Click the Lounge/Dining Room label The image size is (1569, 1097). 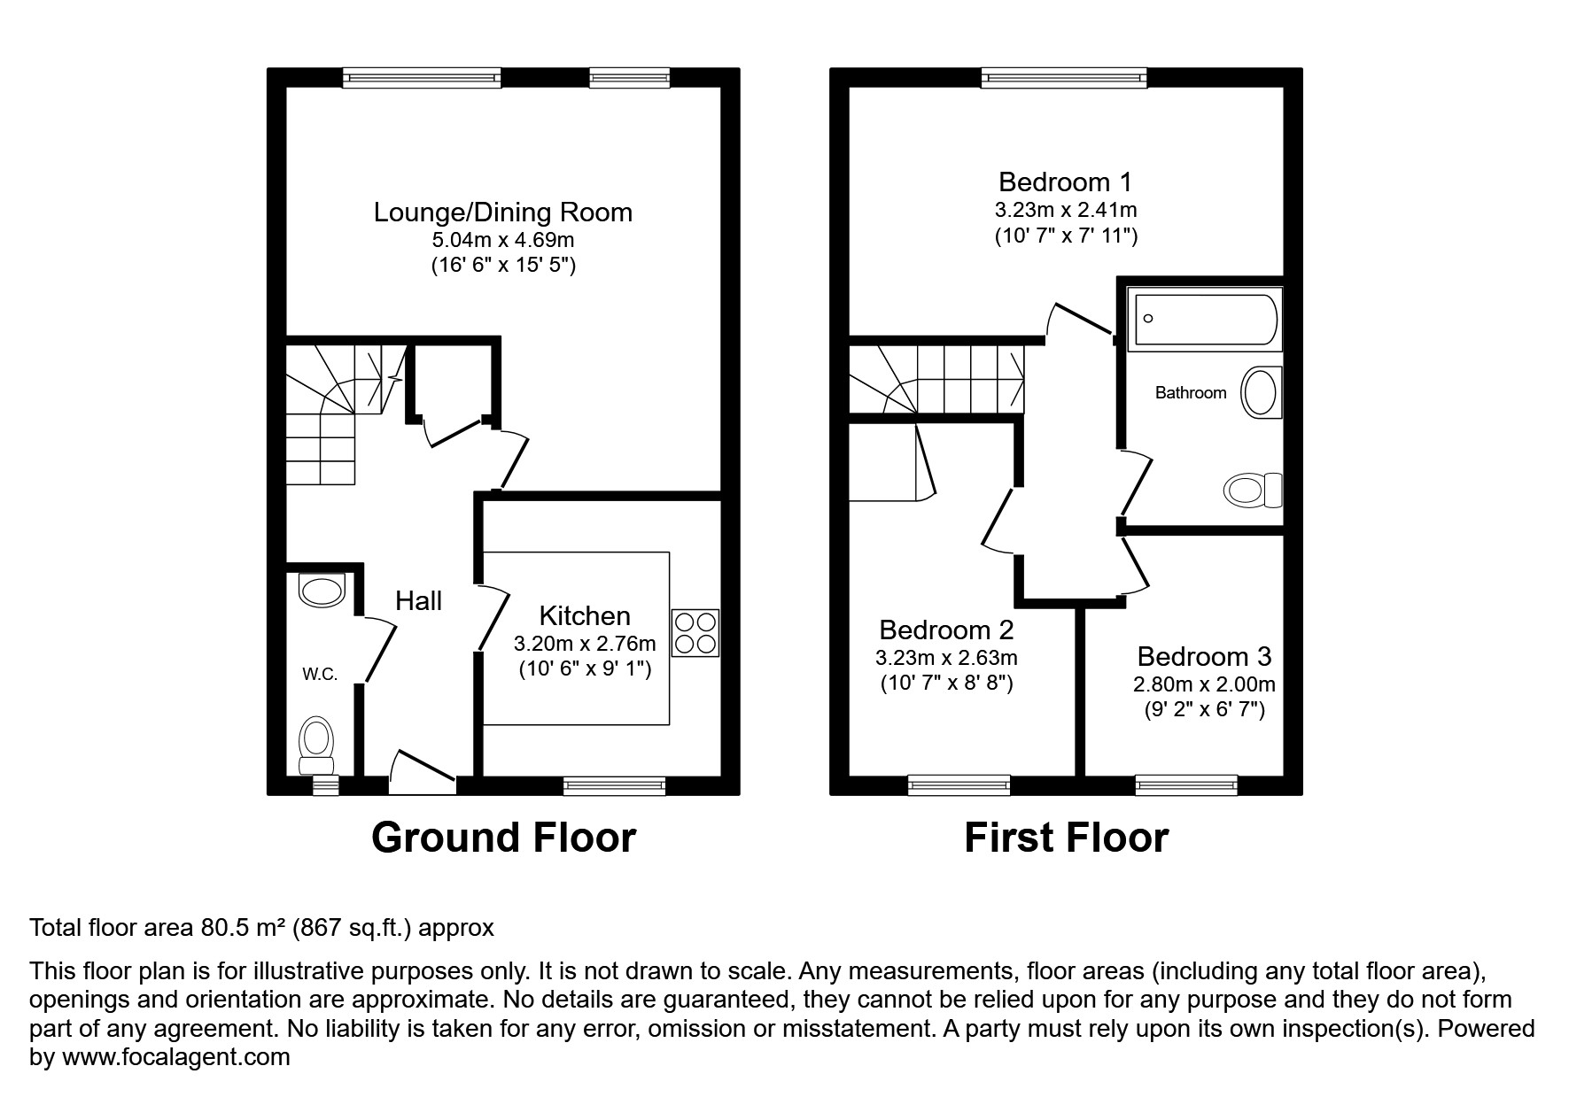(502, 212)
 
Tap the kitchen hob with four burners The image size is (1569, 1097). (695, 633)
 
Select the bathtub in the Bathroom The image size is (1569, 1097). (1204, 320)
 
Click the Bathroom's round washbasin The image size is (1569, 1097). (1261, 393)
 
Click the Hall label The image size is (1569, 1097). (418, 601)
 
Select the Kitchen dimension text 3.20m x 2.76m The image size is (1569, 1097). (585, 644)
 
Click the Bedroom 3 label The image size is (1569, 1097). (1204, 656)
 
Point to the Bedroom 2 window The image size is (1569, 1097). (959, 784)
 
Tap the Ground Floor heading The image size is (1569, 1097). (503, 838)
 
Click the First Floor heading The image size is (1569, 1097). (1066, 838)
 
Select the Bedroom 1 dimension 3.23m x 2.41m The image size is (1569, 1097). (1065, 211)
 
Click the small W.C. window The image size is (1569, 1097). (326, 784)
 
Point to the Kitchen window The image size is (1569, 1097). (614, 784)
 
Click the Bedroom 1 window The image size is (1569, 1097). (1064, 79)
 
